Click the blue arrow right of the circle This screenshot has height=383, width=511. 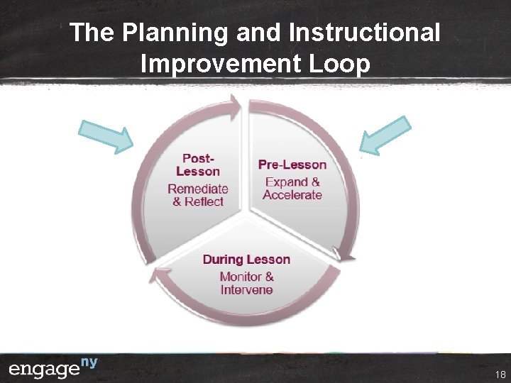coord(385,135)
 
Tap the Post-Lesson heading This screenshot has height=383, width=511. coord(197,165)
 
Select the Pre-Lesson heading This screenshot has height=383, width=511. coord(292,165)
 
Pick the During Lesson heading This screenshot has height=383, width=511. coord(246,259)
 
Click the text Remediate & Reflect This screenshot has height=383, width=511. coord(197,195)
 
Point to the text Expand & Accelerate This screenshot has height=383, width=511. coord(292,189)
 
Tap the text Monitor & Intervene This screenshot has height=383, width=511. coord(246,283)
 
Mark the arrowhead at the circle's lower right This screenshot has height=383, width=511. coord(345,255)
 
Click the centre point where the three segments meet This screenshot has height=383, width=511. coord(246,211)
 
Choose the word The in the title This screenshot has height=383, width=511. coord(93,33)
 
